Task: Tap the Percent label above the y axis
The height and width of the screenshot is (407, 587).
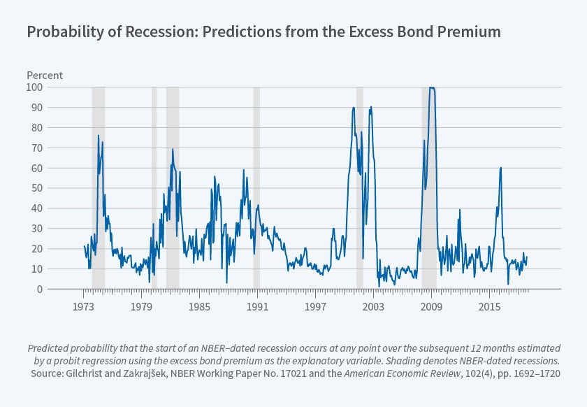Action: (x=45, y=75)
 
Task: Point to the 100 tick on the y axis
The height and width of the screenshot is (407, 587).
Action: (x=34, y=87)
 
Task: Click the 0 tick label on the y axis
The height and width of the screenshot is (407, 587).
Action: (x=40, y=289)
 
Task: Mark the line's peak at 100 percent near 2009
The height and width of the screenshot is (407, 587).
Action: (x=432, y=88)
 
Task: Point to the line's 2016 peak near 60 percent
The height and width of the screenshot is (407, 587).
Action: (x=500, y=168)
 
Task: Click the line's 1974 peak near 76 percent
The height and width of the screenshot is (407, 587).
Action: (x=99, y=136)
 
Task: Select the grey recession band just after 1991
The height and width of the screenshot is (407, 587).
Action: (x=256, y=187)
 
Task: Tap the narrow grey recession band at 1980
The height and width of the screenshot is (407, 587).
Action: (x=154, y=187)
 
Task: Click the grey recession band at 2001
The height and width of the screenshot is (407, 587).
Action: (x=360, y=187)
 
